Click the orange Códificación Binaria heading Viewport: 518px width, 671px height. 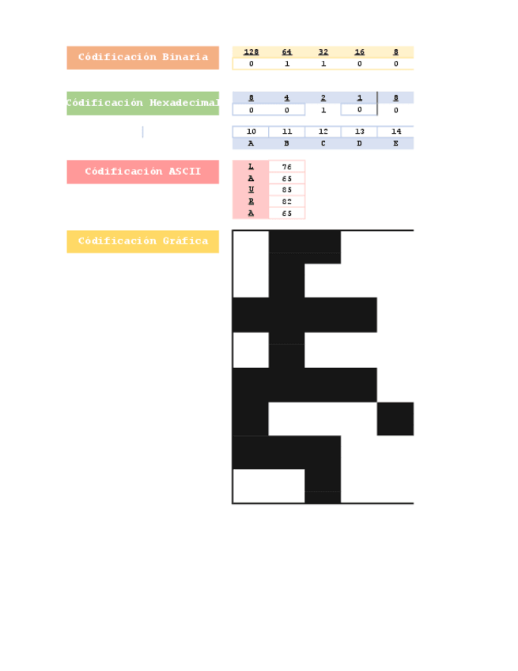click(142, 58)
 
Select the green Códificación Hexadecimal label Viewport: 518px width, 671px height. click(142, 104)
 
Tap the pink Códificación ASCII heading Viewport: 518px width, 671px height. click(142, 172)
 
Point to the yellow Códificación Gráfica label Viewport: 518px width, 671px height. click(142, 241)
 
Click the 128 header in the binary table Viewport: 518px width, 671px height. click(251, 52)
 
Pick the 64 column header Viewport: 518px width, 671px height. click(287, 52)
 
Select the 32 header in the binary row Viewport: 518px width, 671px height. click(323, 52)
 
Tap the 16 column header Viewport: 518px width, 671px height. click(360, 52)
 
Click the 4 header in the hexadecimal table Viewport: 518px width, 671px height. click(287, 98)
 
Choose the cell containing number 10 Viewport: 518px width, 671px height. click(251, 132)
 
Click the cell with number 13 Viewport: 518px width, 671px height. click(360, 132)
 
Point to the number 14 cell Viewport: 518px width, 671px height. click(395, 132)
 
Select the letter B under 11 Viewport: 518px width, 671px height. click(287, 144)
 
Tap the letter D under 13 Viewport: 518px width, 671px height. click(360, 144)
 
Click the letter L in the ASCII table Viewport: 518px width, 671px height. click(251, 167)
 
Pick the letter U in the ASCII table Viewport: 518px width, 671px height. click(251, 190)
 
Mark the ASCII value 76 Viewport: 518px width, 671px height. click(287, 167)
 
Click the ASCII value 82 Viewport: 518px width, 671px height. click(287, 202)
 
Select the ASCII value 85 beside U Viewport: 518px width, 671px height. click(287, 190)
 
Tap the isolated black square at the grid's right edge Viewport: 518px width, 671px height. click(395, 419)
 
